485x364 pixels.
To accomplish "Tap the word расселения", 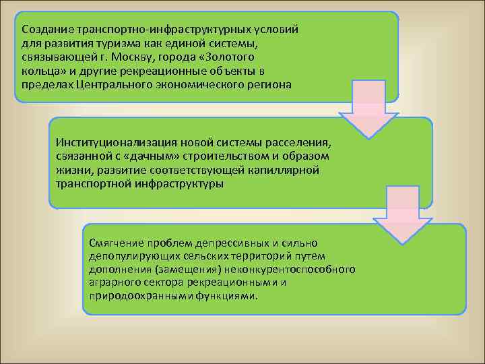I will point(299,143).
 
